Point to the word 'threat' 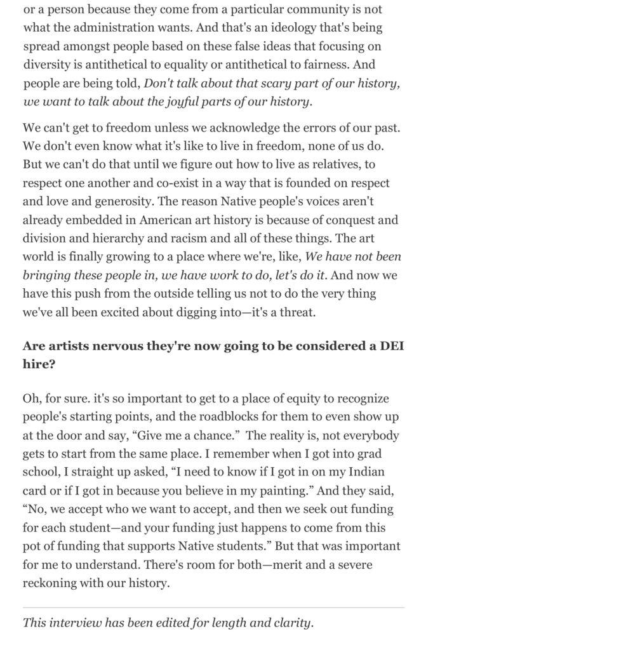coord(297,312)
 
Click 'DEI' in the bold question coord(392,347)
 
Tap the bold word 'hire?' coord(39,365)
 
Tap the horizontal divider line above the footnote coord(213,607)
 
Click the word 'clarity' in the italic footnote coord(292,623)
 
